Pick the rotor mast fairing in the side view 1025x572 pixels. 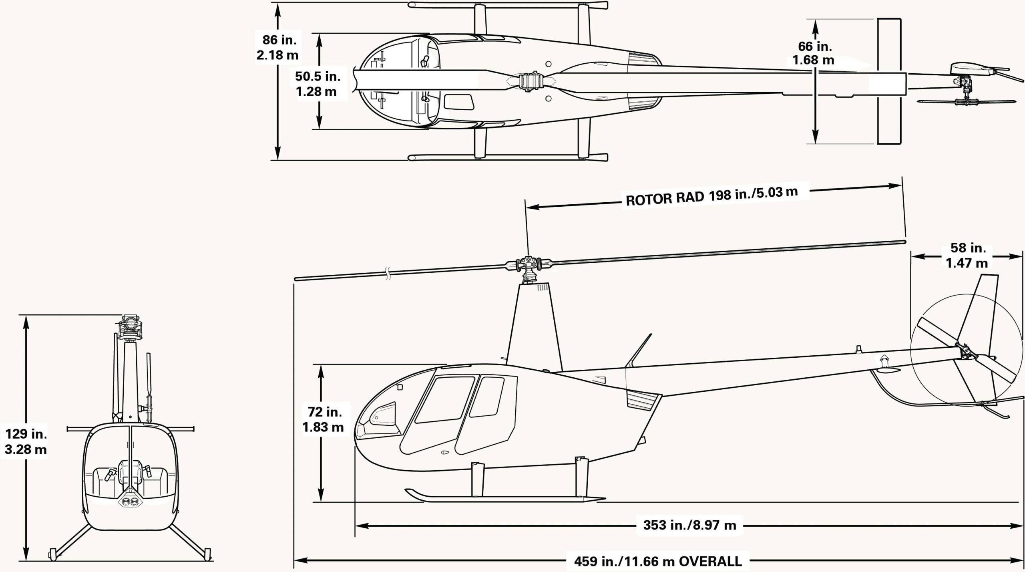(535, 326)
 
